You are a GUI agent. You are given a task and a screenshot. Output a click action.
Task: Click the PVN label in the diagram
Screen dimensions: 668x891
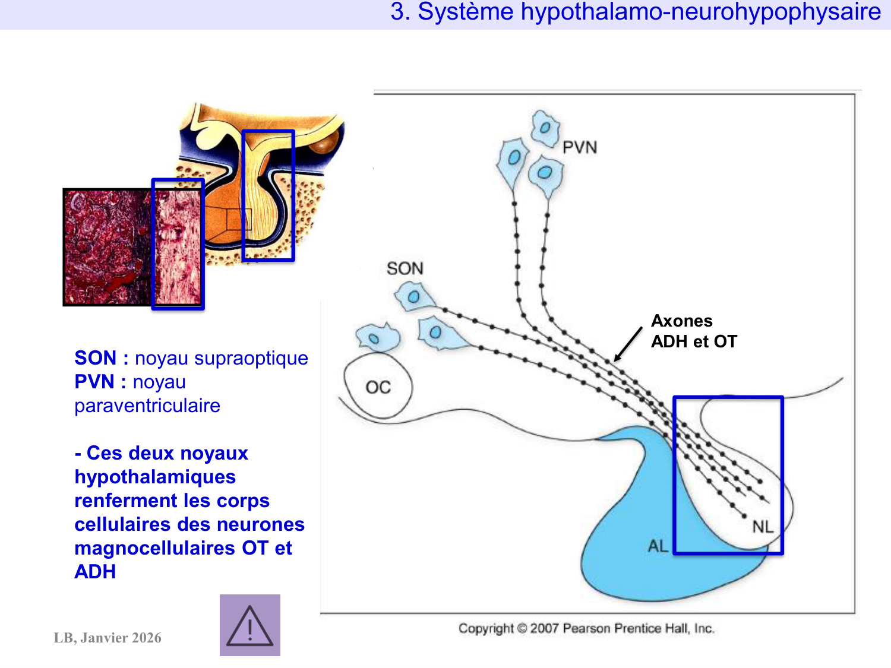point(579,147)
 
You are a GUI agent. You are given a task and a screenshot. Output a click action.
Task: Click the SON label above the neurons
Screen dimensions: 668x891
point(405,268)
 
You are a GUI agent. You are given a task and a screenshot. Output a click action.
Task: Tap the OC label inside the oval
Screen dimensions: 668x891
point(378,388)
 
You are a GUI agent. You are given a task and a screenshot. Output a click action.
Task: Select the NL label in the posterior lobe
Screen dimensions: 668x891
point(762,527)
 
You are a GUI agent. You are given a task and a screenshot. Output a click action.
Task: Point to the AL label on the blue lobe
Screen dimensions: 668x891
point(658,546)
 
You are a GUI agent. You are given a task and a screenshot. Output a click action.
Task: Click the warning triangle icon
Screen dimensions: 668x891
point(250,625)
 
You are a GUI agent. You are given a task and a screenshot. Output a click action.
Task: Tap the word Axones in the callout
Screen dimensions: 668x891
point(681,321)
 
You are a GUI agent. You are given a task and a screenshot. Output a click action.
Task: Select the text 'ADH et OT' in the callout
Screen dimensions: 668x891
point(694,341)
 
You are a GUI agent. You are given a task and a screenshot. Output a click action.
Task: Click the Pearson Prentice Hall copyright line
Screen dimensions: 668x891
point(586,628)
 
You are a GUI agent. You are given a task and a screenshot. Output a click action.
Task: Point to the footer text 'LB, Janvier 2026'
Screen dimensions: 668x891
point(108,638)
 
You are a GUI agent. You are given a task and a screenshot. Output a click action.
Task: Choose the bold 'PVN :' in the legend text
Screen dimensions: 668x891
point(100,382)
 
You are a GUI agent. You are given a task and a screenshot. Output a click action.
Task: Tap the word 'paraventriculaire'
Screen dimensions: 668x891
point(147,406)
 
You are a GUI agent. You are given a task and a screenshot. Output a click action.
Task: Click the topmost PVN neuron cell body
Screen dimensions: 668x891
point(545,128)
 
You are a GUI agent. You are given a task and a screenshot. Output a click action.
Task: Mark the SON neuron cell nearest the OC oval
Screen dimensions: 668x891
point(377,338)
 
